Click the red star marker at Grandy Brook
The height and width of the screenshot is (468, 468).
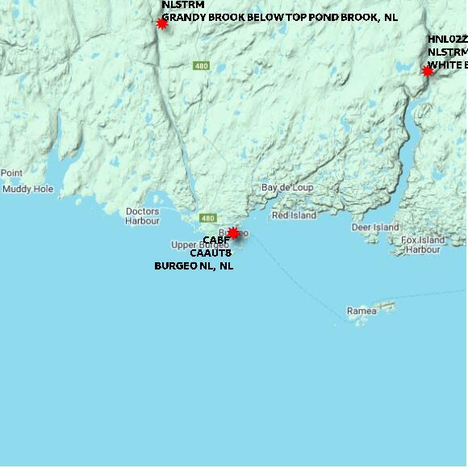(161, 24)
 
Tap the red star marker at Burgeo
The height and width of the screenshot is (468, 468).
(233, 233)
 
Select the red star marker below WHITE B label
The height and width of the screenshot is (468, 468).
(428, 71)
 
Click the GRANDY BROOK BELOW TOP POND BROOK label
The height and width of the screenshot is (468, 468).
(279, 16)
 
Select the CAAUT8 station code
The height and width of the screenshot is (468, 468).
(211, 253)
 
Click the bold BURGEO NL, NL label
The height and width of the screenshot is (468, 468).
(194, 265)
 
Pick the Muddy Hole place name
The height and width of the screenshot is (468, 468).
(27, 189)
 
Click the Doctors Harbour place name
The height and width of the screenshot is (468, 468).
(143, 215)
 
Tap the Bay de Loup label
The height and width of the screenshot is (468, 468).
(287, 188)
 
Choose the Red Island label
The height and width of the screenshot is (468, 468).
(294, 215)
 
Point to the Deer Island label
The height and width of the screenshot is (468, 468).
(375, 228)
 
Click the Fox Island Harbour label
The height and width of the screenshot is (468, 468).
(423, 244)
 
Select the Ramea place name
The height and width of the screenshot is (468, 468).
(361, 311)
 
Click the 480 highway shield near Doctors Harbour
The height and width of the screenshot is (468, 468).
(208, 218)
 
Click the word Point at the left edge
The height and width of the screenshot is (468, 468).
(11, 173)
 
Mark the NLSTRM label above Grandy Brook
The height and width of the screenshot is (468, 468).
(183, 5)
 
